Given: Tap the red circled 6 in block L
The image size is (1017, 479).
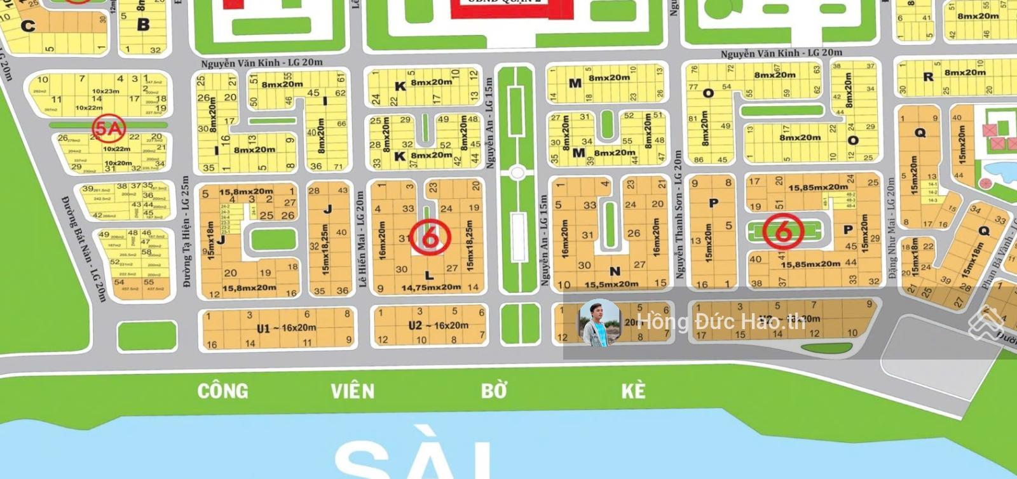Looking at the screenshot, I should pyautogui.click(x=430, y=237).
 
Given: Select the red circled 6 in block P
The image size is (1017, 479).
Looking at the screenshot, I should pyautogui.click(x=783, y=231).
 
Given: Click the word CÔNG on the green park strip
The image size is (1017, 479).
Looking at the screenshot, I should pyautogui.click(x=222, y=391).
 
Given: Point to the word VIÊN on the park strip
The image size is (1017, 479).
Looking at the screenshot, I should pyautogui.click(x=352, y=391).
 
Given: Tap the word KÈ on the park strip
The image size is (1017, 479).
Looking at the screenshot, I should pyautogui.click(x=633, y=391).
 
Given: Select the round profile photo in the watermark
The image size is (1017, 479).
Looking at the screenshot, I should pyautogui.click(x=599, y=322).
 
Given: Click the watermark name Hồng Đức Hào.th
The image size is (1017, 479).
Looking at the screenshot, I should pyautogui.click(x=721, y=321).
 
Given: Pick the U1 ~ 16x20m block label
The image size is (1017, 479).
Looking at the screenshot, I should pyautogui.click(x=286, y=328).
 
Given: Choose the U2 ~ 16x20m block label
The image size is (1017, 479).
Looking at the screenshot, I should pyautogui.click(x=438, y=325).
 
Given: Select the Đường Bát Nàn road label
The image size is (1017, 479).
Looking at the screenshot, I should pyautogui.click(x=83, y=247).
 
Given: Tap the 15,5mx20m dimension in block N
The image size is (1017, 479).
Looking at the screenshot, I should pyautogui.click(x=611, y=284).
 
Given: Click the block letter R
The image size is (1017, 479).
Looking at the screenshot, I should pyautogui.click(x=929, y=77).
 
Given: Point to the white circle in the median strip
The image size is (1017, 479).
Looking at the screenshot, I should pyautogui.click(x=517, y=172).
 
